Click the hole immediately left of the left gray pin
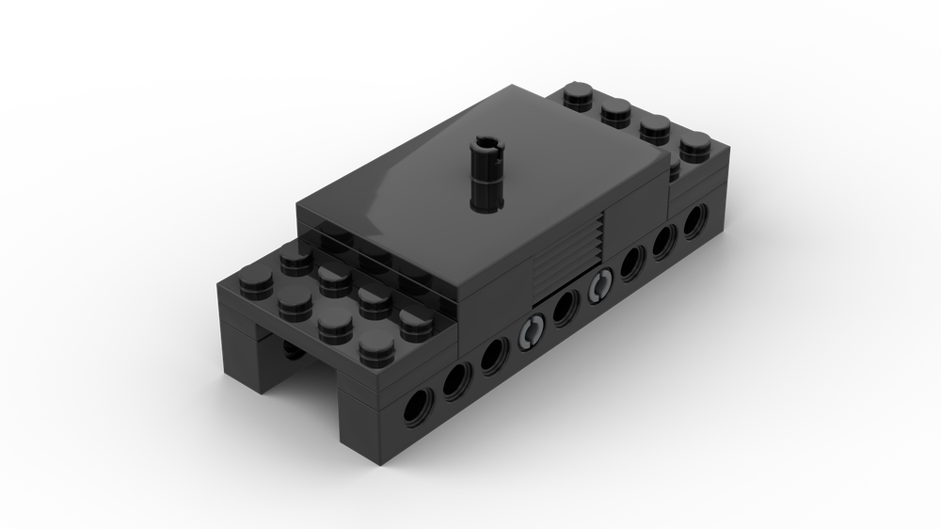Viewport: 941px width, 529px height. pos(494,356)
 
